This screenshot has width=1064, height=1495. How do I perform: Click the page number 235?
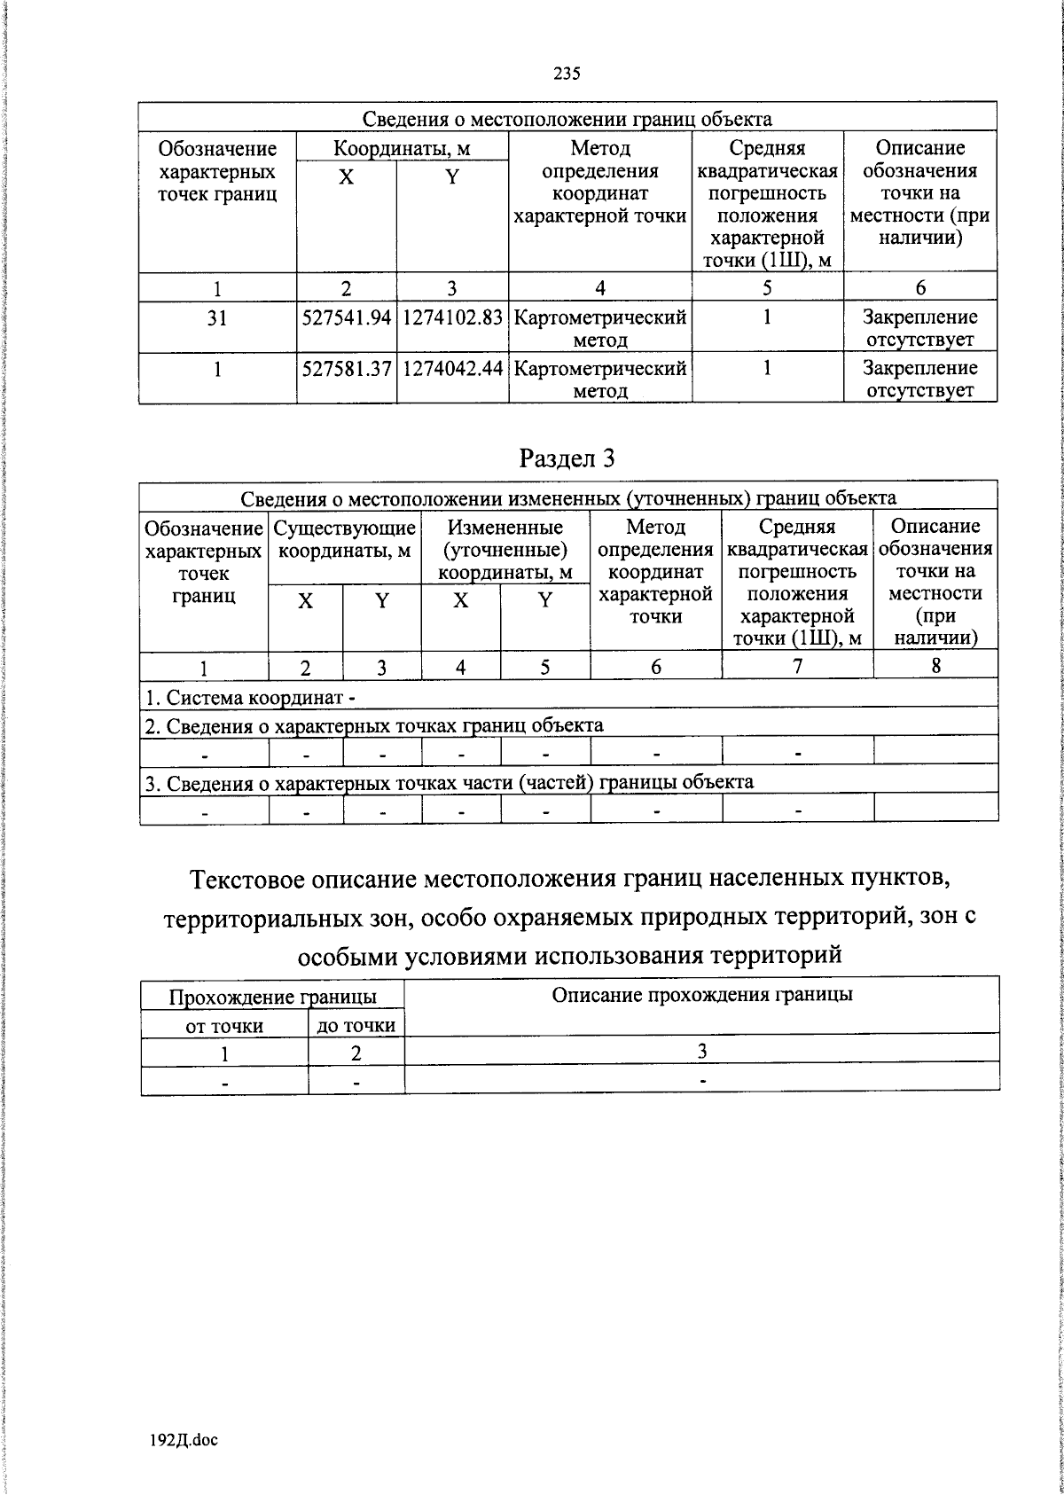[567, 74]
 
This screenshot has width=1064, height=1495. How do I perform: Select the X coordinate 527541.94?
[347, 317]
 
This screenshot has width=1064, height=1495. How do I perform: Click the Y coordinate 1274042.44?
[452, 368]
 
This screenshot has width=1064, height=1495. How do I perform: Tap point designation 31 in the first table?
[217, 317]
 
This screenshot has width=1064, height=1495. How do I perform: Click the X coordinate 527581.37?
[347, 368]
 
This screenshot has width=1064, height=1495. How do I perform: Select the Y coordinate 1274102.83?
[452, 317]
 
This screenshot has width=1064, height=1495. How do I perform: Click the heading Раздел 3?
[567, 458]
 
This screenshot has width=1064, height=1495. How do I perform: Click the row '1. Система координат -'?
[251, 699]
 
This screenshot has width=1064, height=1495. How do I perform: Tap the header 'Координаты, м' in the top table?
[402, 148]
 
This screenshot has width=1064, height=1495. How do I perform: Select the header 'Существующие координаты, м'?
[344, 539]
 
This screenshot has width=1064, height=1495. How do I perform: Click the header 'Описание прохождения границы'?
[702, 994]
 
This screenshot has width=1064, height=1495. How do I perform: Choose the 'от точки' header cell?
[224, 1026]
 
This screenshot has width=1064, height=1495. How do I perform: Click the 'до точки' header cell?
[356, 1026]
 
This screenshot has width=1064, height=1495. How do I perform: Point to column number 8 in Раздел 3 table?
[935, 666]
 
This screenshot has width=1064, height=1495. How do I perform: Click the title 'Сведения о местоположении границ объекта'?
[567, 119]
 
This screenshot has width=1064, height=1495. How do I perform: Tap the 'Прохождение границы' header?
[272, 998]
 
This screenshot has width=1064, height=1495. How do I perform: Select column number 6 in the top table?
[920, 287]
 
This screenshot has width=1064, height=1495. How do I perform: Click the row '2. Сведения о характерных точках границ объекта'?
[374, 726]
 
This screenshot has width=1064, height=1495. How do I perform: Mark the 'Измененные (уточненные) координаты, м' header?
[505, 550]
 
